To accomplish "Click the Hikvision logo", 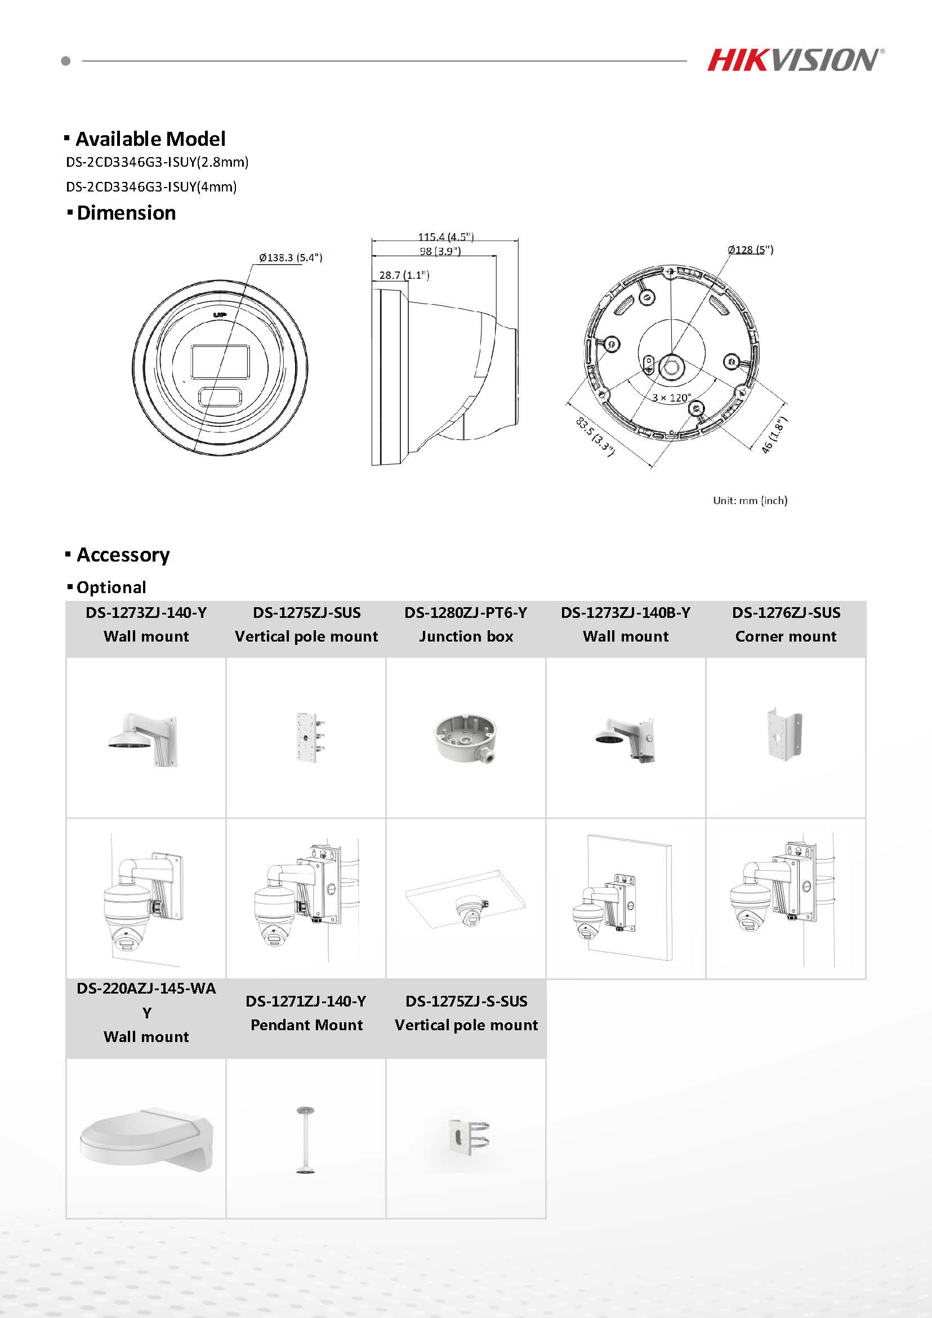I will point(795,60).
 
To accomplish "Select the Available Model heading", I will point(150,139).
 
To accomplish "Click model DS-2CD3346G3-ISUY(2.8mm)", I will point(157,162).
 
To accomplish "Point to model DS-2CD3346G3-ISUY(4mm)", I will point(151,187).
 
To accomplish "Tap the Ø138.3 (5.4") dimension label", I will point(291,258).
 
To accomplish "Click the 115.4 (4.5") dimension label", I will point(445,237).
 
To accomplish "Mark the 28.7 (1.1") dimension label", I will point(404,275).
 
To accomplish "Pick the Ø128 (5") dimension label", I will point(750,250).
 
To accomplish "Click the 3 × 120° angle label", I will point(671,397).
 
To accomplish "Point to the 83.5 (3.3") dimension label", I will point(595,437).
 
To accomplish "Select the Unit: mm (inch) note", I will point(750,501).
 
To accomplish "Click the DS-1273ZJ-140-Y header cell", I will point(146,625).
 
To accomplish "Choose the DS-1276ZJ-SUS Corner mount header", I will point(786,625).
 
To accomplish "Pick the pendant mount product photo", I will point(306,1140).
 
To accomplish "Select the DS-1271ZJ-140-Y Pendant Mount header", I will point(306,1013).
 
